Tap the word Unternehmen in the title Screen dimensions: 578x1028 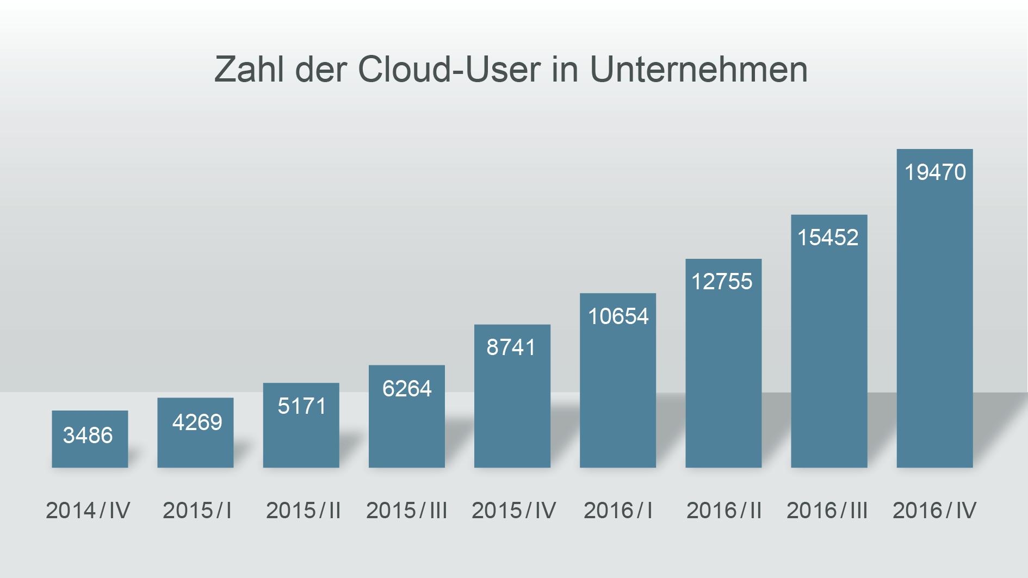[698, 70]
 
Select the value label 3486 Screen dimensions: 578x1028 [88, 436]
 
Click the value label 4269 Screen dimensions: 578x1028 [197, 422]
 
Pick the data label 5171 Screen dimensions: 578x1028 [302, 406]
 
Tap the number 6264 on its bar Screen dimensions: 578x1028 [407, 389]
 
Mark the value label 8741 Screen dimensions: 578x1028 [511, 347]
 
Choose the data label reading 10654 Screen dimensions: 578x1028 [618, 316]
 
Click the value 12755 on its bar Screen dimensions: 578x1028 [722, 282]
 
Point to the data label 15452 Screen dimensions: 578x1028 [828, 238]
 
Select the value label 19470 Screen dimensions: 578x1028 [935, 172]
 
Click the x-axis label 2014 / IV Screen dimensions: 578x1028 [88, 511]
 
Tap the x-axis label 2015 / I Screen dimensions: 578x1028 [197, 511]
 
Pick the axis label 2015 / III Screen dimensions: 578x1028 [407, 511]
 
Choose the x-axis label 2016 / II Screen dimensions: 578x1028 [723, 511]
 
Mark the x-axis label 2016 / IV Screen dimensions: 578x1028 [934, 511]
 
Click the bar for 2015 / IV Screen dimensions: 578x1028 [512, 413]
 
